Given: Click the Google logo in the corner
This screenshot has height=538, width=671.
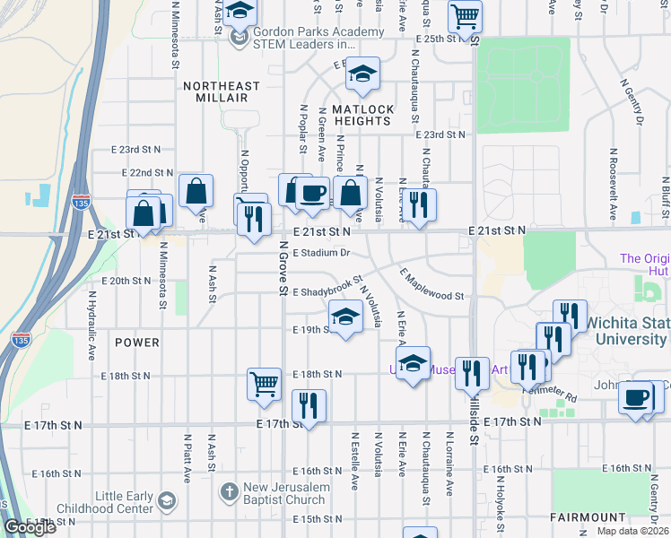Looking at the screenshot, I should [30, 527].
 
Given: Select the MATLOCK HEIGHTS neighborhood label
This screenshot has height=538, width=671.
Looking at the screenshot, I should [362, 108].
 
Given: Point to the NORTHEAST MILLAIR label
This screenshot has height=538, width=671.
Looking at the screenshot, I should [221, 86].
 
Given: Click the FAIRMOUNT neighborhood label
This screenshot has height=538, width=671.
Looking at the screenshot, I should [588, 517].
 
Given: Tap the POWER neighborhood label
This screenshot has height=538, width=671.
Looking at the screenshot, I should [137, 343].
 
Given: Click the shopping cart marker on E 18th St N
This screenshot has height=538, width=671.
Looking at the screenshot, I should [265, 383].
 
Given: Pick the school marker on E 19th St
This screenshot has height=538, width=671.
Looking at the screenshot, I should [345, 316].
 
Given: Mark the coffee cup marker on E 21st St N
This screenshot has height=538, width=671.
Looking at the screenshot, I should [312, 193].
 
